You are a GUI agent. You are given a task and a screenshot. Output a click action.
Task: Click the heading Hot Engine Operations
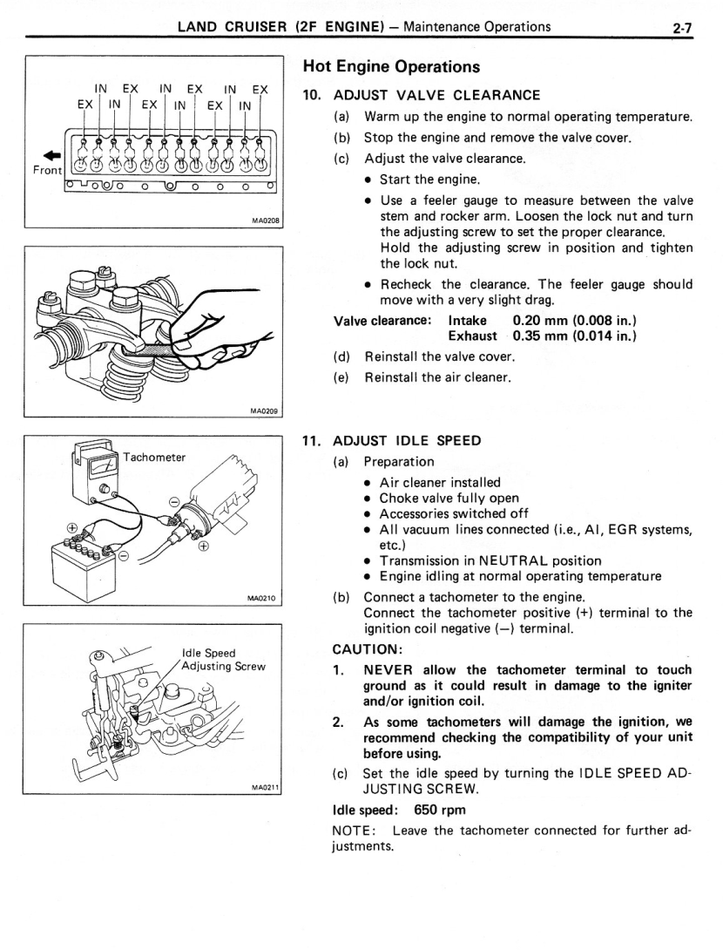click(391, 67)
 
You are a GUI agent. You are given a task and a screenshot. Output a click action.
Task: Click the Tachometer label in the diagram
click(154, 457)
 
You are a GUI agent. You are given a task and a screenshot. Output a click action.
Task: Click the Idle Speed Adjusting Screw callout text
click(223, 659)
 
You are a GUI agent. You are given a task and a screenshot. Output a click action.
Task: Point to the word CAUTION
click(367, 650)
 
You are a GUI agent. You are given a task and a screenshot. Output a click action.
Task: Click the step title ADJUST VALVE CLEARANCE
click(437, 95)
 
